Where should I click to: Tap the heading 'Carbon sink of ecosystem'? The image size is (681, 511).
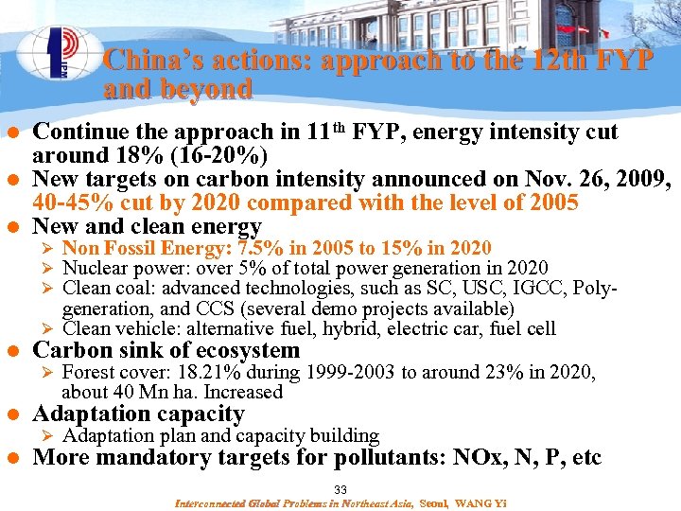166,350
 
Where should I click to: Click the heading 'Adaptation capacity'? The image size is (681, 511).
138,414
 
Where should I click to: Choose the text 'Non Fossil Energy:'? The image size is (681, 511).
148,248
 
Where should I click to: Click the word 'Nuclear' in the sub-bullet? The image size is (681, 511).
93,269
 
